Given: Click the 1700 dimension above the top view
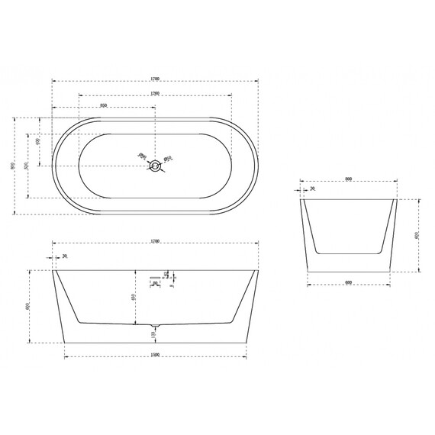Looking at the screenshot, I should click(x=155, y=78).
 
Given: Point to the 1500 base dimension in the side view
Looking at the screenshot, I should click(x=155, y=354).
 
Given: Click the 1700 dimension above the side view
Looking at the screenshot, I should click(x=155, y=241).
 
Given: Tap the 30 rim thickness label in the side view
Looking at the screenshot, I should click(x=65, y=256).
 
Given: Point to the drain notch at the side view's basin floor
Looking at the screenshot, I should click(x=155, y=324).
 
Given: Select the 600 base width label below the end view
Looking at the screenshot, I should click(x=348, y=283).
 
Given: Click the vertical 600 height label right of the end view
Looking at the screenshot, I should click(x=417, y=235).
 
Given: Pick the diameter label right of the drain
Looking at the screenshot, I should click(x=169, y=158).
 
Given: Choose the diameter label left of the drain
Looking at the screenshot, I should click(x=141, y=156).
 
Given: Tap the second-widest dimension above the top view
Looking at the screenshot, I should click(x=155, y=93).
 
